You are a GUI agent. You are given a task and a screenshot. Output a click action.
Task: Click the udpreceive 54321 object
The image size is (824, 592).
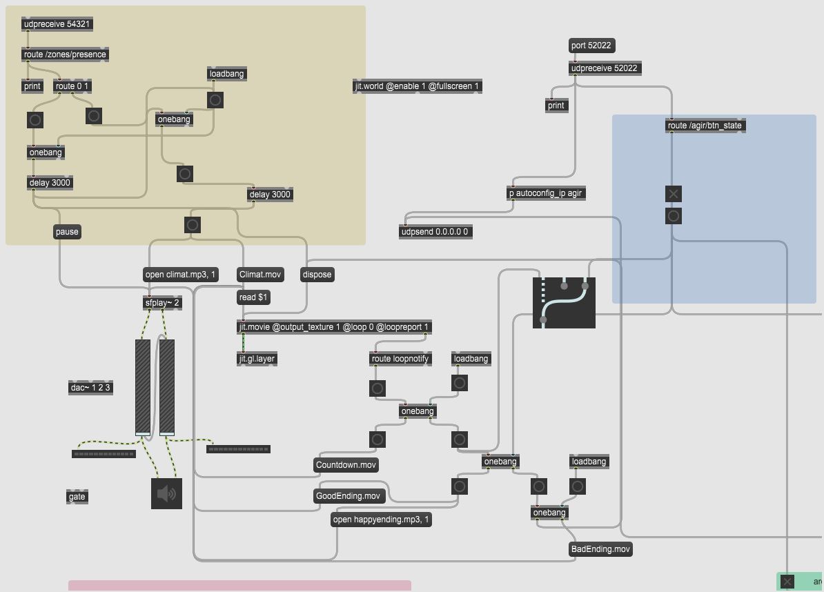click(x=57, y=24)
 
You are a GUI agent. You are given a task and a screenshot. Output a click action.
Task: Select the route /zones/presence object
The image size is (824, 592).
click(x=65, y=55)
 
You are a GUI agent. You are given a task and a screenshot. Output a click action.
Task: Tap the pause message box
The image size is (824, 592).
click(x=67, y=232)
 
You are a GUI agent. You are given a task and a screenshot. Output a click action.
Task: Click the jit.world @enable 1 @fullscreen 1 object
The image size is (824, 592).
click(x=417, y=86)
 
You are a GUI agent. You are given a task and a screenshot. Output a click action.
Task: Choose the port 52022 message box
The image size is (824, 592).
click(x=591, y=46)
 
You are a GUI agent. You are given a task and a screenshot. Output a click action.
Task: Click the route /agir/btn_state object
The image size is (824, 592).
click(x=705, y=126)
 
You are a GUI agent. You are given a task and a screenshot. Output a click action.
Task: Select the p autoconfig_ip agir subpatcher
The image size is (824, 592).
click(x=546, y=193)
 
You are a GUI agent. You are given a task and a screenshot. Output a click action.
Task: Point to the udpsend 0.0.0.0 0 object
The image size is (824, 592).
click(x=435, y=232)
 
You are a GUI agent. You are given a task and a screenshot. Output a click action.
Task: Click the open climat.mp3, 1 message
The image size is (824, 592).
click(x=180, y=275)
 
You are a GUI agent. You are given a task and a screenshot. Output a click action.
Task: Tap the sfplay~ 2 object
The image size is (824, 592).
click(x=162, y=303)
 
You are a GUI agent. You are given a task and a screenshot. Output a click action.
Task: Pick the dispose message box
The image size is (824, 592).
click(x=317, y=275)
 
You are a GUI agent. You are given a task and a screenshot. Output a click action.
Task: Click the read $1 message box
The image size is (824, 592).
click(x=253, y=297)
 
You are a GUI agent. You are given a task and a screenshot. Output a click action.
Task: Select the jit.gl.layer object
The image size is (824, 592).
click(x=257, y=359)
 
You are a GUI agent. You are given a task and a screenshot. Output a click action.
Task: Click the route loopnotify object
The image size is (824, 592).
click(x=400, y=359)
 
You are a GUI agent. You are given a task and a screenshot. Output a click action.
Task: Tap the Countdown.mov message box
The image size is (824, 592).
click(x=346, y=465)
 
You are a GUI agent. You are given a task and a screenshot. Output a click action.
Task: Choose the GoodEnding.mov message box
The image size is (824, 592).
click(x=348, y=496)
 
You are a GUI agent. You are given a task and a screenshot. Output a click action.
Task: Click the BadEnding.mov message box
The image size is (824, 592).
click(x=600, y=549)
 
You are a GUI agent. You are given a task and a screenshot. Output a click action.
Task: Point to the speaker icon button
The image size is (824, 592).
click(x=166, y=493)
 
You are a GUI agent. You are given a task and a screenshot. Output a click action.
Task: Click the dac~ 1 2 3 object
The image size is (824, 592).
click(x=90, y=388)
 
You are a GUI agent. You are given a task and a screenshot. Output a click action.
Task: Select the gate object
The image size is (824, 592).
click(x=77, y=497)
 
